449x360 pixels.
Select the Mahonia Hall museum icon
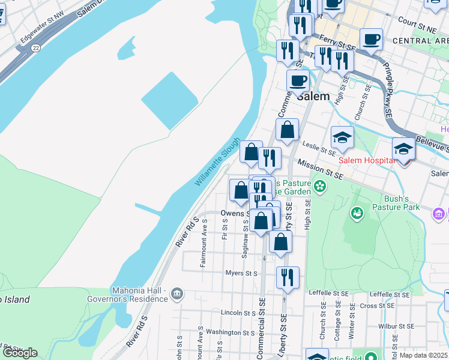pos(176,293)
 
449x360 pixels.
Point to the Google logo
pos(20,353)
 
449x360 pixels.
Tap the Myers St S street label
pos(241,274)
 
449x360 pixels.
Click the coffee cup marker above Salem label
pos(297,80)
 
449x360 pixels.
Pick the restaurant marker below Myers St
pos(288,277)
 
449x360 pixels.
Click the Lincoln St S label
pos(239,313)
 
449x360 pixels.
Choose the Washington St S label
pos(231,332)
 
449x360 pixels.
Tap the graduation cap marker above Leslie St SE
pos(342,137)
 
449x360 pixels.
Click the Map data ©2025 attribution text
pos(423,355)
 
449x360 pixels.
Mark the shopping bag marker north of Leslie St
pos(288,130)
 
